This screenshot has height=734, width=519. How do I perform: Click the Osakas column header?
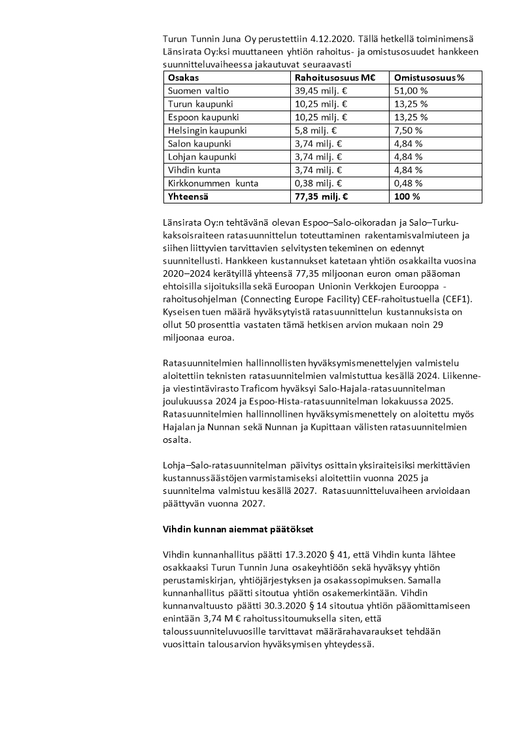pyautogui.click(x=183, y=77)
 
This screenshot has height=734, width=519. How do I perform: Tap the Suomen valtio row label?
pyautogui.click(x=199, y=91)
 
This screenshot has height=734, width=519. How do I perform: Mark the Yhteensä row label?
pyautogui.click(x=189, y=196)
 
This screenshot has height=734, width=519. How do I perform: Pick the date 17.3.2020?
pyautogui.click(x=275, y=555)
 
